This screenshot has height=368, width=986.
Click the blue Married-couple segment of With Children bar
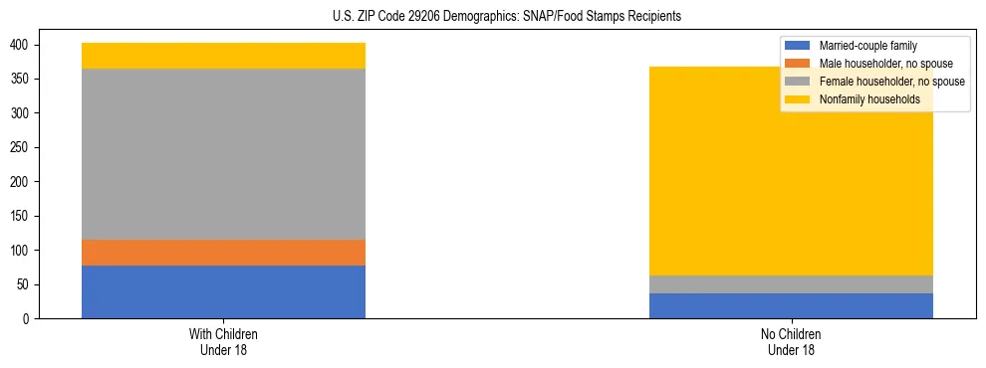[223, 291]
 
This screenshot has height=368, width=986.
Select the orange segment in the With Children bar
[223, 253]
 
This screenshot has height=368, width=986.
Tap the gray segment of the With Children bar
[223, 154]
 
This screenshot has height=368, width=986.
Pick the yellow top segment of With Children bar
[223, 56]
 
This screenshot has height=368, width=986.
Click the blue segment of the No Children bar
[791, 305]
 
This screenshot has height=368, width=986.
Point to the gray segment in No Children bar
[791, 283]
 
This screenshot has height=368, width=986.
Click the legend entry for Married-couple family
[867, 46]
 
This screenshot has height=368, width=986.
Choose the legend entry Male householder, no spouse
[878, 64]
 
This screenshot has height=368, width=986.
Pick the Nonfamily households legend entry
[868, 99]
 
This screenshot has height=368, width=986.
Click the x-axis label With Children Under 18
[223, 341]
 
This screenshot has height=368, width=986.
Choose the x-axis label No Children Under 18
[791, 341]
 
